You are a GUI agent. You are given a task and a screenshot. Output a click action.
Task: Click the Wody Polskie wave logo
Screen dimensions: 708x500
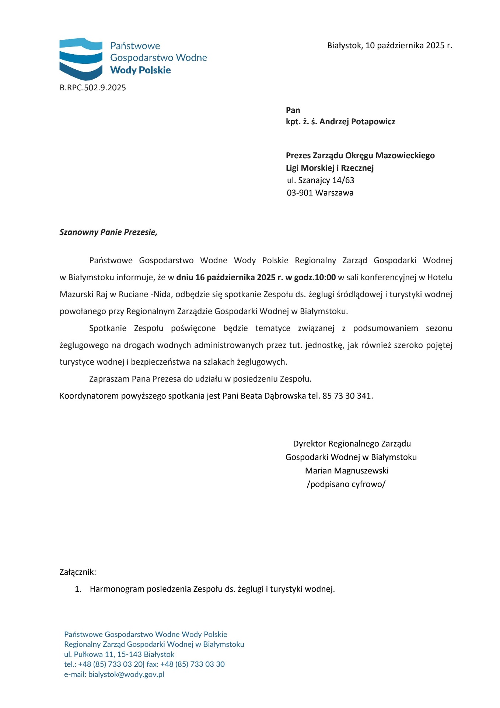(81, 59)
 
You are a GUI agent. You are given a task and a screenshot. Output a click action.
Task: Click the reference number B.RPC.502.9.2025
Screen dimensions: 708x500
(93, 88)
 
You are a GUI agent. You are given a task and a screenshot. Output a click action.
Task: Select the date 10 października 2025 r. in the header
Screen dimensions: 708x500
(409, 46)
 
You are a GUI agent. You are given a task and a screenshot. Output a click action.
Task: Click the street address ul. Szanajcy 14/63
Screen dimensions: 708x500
(321, 180)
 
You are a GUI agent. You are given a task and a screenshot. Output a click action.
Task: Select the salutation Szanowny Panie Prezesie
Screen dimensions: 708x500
(108, 232)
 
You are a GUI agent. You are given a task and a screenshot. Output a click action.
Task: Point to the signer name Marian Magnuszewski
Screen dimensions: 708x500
(347, 471)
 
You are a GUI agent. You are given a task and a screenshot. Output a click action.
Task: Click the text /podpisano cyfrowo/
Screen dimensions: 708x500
(346, 484)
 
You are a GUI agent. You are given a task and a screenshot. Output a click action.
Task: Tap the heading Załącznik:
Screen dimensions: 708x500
(78, 572)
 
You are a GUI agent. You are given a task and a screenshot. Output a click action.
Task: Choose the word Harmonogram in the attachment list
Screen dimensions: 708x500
(117, 589)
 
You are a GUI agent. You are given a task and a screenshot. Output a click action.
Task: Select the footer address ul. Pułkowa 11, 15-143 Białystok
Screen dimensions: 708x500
(119, 655)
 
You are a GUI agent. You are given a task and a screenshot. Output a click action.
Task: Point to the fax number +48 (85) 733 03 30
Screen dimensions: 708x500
(192, 664)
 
